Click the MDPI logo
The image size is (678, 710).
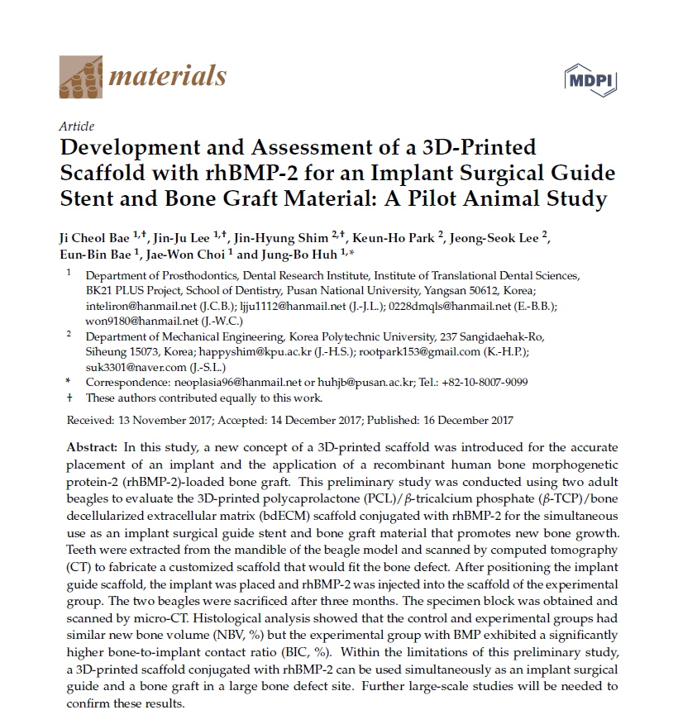[590, 80]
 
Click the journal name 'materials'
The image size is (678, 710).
[168, 76]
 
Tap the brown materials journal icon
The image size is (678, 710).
[80, 77]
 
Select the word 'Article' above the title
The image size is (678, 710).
[77, 126]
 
